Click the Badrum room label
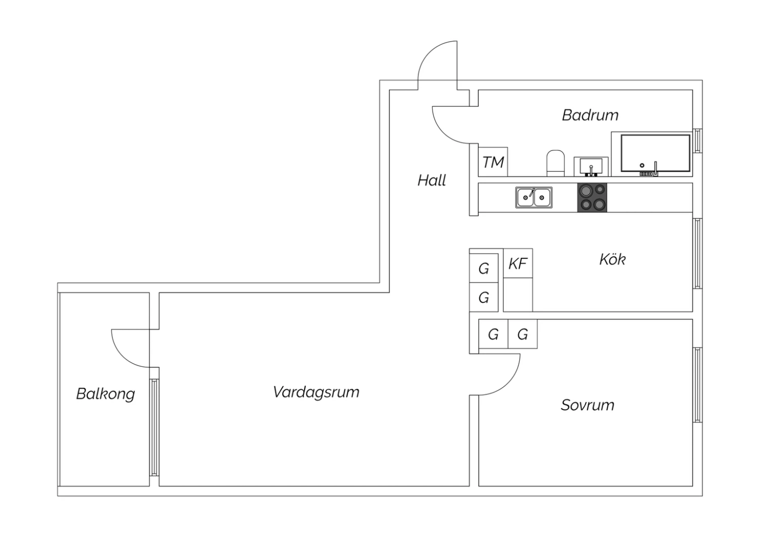[x=590, y=115]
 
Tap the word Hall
[x=432, y=180]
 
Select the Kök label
[x=612, y=259]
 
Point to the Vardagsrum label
[x=316, y=392]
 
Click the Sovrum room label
[x=587, y=405]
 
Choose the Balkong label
[x=105, y=394]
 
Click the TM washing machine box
[x=493, y=162]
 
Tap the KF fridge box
[x=518, y=263]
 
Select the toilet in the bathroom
[x=556, y=163]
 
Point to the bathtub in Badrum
[x=656, y=153]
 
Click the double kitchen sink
[x=534, y=197]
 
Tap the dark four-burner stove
[x=592, y=197]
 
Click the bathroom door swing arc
[x=446, y=129]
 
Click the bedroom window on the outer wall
[x=697, y=385]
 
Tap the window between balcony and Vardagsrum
[x=154, y=427]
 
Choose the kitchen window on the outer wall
[x=697, y=253]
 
